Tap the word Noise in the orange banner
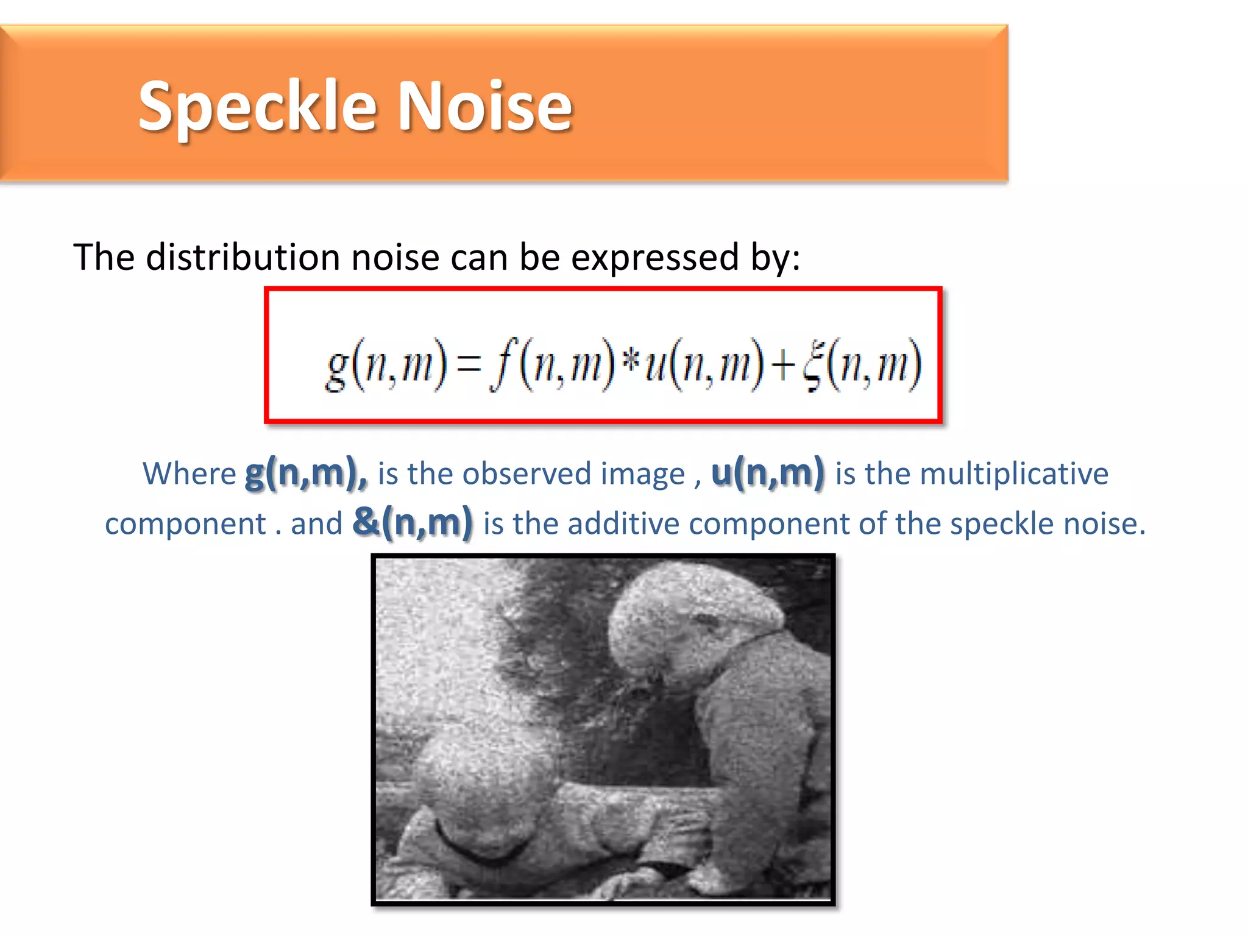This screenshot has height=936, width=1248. [x=485, y=106]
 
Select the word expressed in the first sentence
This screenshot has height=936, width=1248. [x=656, y=257]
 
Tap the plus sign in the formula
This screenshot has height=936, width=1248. [x=782, y=365]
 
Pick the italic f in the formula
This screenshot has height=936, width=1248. [x=505, y=364]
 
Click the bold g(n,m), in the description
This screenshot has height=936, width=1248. [x=307, y=473]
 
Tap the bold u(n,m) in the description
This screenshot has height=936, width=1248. [x=768, y=473]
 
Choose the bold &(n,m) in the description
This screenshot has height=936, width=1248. [x=413, y=523]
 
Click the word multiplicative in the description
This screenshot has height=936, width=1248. [x=1014, y=473]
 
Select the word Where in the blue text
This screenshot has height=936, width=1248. [x=189, y=473]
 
